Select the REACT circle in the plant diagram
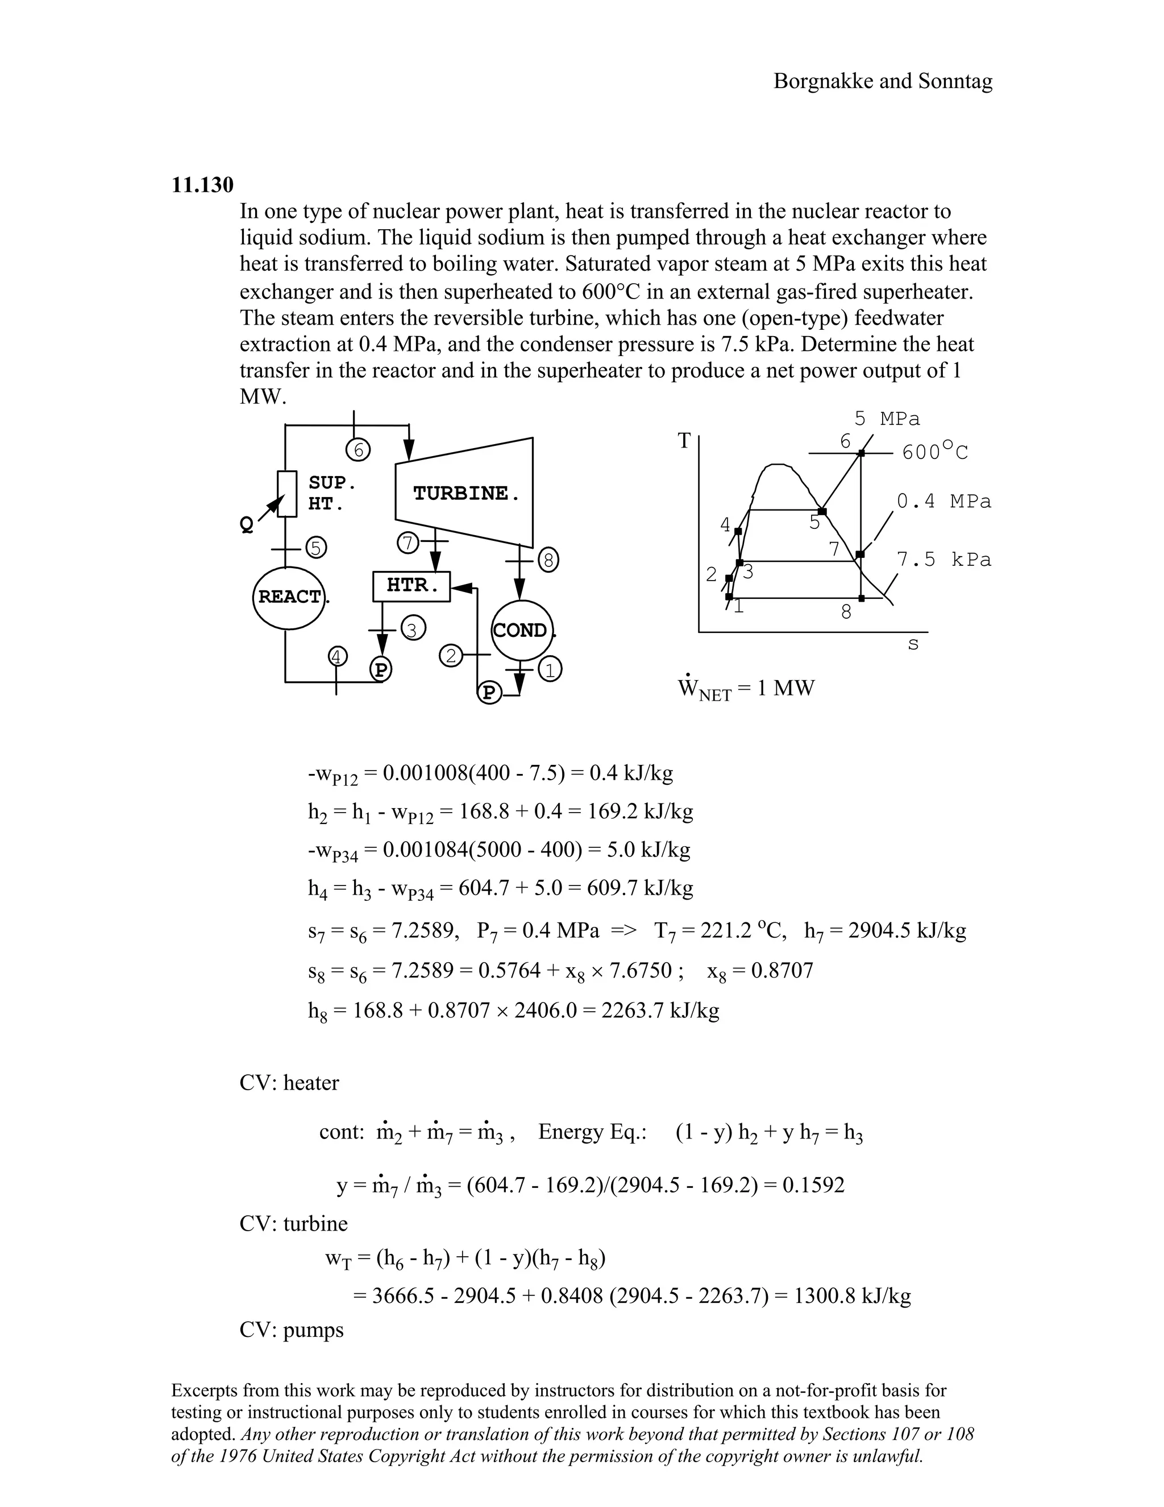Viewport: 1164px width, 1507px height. [289, 597]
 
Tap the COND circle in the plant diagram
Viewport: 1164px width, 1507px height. [522, 630]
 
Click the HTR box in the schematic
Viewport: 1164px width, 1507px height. [411, 586]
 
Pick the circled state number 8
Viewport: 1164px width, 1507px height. [549, 560]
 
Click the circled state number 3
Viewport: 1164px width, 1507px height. [413, 630]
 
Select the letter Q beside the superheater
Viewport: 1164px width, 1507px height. [246, 525]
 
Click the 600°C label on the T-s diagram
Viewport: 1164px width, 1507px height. [935, 452]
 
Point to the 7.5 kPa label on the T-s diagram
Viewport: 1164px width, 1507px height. [943, 560]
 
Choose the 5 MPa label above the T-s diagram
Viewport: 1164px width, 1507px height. [887, 419]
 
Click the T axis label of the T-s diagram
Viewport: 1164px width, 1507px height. [684, 440]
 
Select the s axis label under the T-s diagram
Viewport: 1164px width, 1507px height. [913, 644]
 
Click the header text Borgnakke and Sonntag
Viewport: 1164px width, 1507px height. [883, 81]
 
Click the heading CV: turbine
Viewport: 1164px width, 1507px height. [293, 1223]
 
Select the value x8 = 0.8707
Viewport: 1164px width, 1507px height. [760, 971]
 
